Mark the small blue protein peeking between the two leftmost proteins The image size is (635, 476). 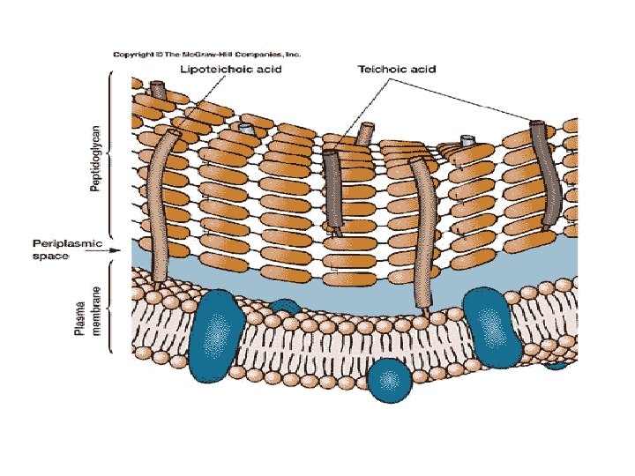(284, 305)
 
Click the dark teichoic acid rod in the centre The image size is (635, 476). (332, 190)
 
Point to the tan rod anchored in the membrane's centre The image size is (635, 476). (422, 234)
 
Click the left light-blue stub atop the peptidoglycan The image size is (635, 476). (248, 129)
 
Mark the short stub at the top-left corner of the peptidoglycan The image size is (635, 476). (159, 89)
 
